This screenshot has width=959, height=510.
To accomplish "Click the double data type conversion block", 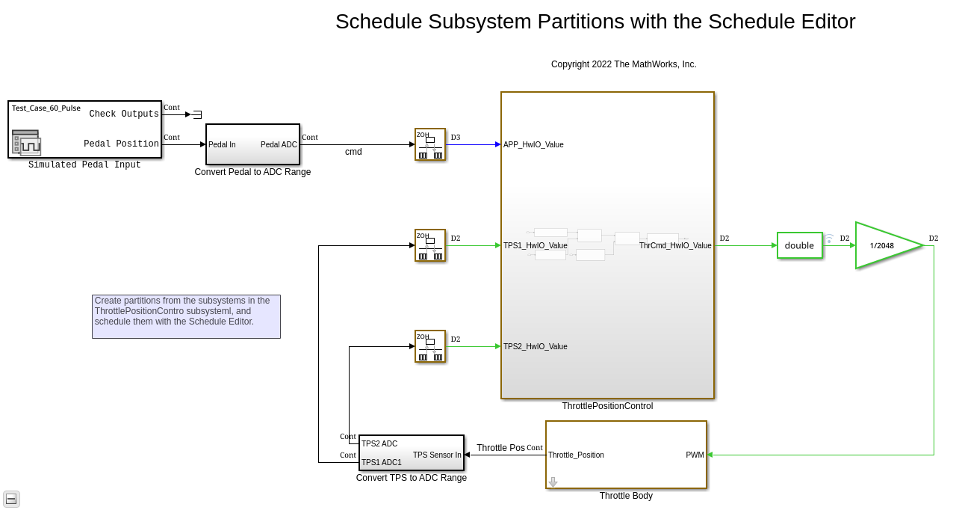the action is point(799,245).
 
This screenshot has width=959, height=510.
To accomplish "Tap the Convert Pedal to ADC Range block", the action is point(252,144).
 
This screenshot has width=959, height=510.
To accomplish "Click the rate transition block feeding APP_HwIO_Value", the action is point(430,144).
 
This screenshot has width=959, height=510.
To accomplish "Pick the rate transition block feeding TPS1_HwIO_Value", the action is point(430,245).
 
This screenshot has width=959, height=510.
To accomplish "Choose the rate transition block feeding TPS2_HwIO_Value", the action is point(430,346).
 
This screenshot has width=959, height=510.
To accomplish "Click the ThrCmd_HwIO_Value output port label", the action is point(675,245).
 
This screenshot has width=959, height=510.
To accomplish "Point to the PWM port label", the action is point(695,455).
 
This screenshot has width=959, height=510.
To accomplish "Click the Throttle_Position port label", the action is point(576,455).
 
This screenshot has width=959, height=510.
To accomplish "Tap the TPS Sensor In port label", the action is point(437,455).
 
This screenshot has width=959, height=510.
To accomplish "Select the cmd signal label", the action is point(353,152).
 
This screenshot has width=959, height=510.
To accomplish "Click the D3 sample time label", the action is point(456,137).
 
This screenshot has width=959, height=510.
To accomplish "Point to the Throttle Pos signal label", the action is point(500,448).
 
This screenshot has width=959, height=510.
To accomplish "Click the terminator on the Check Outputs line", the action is point(197,114).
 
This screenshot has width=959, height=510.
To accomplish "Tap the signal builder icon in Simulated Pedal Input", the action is point(26,142).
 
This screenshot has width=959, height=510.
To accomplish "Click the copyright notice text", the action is point(624,64).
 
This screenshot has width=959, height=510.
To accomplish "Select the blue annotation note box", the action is point(186,317).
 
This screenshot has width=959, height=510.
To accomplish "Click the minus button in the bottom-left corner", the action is point(11,499).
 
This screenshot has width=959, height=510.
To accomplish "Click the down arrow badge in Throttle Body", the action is point(553,482).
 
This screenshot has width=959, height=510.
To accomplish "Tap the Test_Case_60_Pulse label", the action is point(46,108).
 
